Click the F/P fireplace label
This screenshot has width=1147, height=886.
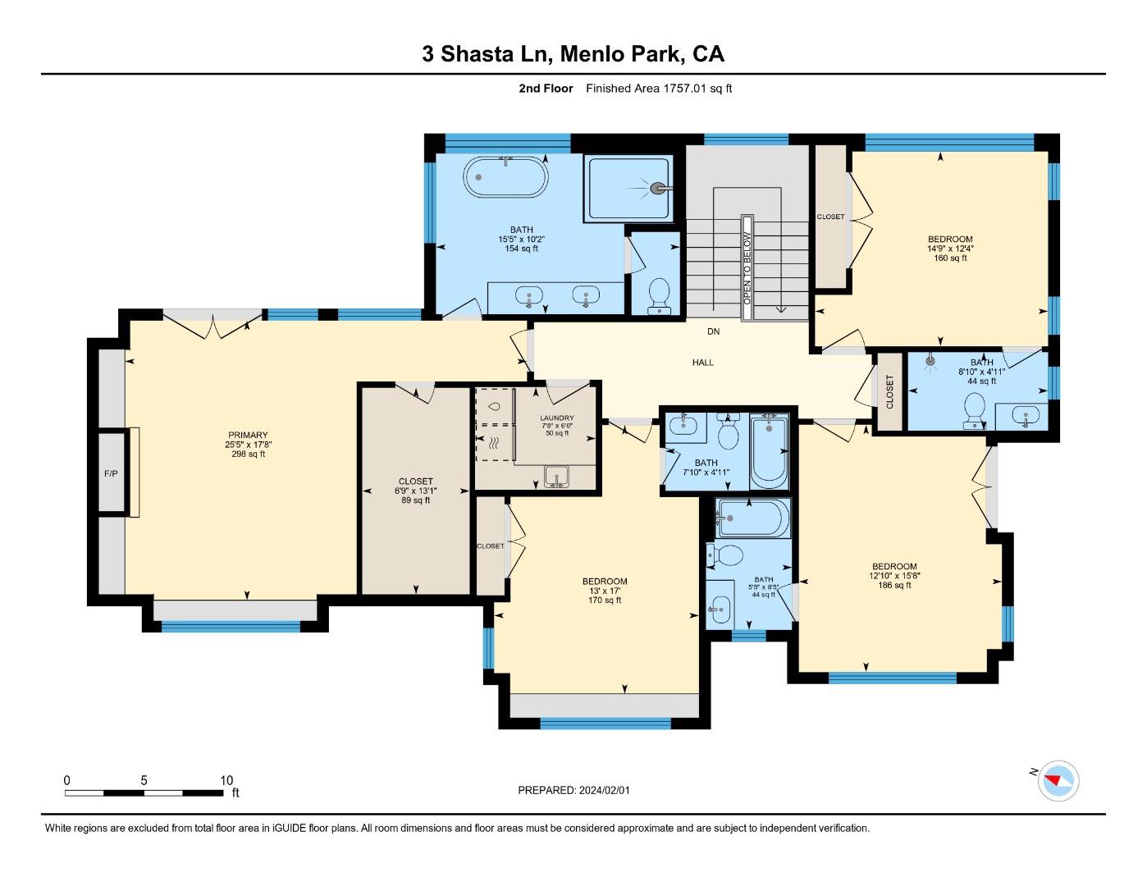pyautogui.click(x=110, y=473)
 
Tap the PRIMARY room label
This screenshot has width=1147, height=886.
pyautogui.click(x=249, y=436)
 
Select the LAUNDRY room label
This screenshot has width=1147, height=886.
pyautogui.click(x=557, y=418)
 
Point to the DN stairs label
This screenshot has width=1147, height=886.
pyautogui.click(x=714, y=331)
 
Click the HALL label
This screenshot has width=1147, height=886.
pyautogui.click(x=703, y=362)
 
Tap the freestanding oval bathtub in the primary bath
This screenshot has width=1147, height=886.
pyautogui.click(x=506, y=176)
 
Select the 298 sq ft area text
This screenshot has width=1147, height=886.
pyautogui.click(x=249, y=454)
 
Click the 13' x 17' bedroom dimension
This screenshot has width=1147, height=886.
pyautogui.click(x=605, y=591)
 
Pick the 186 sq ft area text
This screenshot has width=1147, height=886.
pyautogui.click(x=894, y=585)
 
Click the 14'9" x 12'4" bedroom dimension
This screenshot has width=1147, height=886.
pyautogui.click(x=950, y=249)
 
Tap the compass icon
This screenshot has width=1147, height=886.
pyautogui.click(x=1058, y=780)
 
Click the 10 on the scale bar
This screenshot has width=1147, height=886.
pyautogui.click(x=226, y=780)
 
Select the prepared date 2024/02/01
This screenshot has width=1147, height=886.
pyautogui.click(x=604, y=790)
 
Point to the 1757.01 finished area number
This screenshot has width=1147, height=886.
pyautogui.click(x=685, y=89)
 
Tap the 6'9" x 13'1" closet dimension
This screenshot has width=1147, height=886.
pyautogui.click(x=416, y=491)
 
